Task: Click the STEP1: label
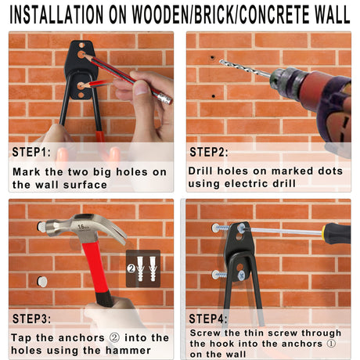(31, 152)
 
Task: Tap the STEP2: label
(209, 152)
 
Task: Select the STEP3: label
(31, 319)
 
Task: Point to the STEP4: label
(208, 319)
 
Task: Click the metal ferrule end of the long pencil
(166, 99)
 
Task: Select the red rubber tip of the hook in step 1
(100, 136)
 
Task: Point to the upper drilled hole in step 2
(213, 57)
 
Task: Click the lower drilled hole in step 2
(214, 96)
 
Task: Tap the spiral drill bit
(245, 69)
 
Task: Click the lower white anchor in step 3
(42, 282)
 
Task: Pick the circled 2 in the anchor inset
(131, 268)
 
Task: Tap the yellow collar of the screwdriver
(324, 232)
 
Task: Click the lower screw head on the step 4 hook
(242, 275)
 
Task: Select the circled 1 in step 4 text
(331, 344)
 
